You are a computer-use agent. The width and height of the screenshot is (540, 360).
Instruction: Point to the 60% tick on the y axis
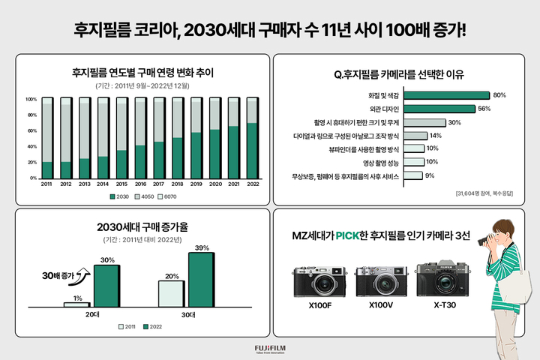point(31,130)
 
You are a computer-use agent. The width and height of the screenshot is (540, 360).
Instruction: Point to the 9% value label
point(430,176)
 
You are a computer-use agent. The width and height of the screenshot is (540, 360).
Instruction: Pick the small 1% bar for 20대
point(76,304)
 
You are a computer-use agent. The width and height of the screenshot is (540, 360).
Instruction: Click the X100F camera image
point(319,280)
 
